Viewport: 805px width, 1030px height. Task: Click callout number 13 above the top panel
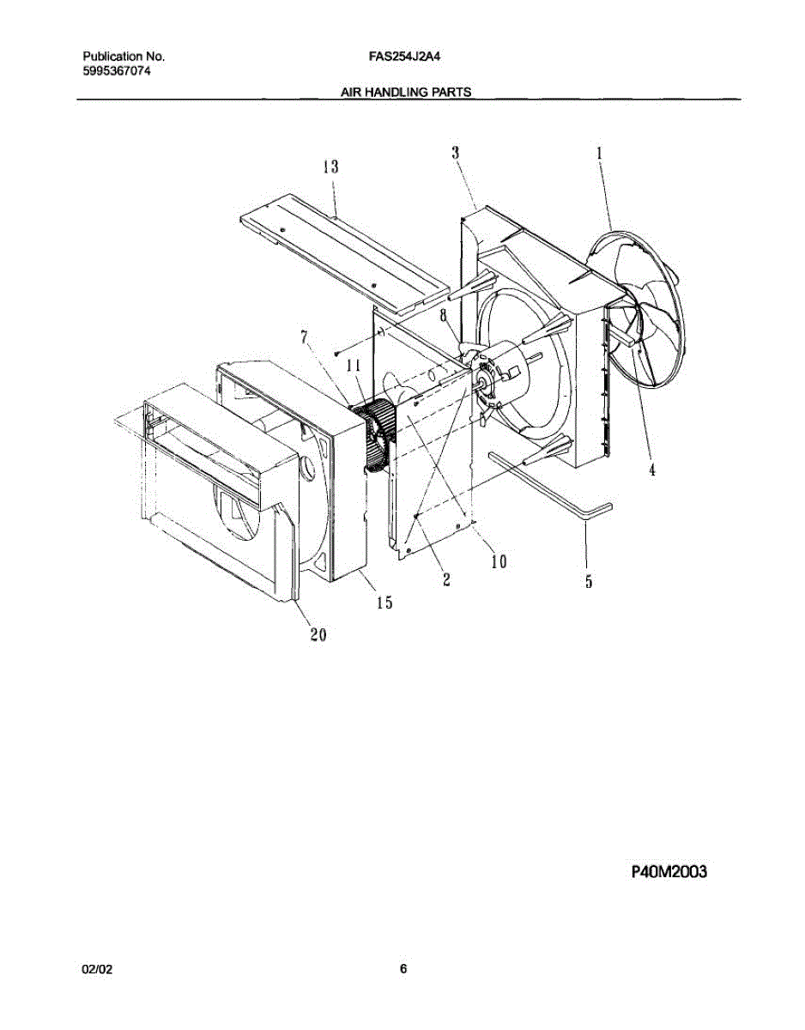click(x=330, y=167)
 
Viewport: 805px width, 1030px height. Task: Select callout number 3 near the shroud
click(x=456, y=152)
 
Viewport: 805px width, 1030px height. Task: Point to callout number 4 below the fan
click(x=652, y=470)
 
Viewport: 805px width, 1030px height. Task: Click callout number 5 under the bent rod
click(x=589, y=582)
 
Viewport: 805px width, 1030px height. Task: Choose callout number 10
click(x=499, y=561)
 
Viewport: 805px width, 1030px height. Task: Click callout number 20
click(x=318, y=635)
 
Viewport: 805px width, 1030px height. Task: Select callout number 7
click(x=303, y=336)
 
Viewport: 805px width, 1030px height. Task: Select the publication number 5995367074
click(x=117, y=72)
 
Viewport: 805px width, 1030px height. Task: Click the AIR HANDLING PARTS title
click(x=406, y=92)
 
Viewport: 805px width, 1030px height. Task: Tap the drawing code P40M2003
click(x=669, y=873)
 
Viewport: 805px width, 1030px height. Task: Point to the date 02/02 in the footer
click(x=96, y=969)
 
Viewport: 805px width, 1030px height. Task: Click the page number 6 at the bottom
click(x=403, y=969)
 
